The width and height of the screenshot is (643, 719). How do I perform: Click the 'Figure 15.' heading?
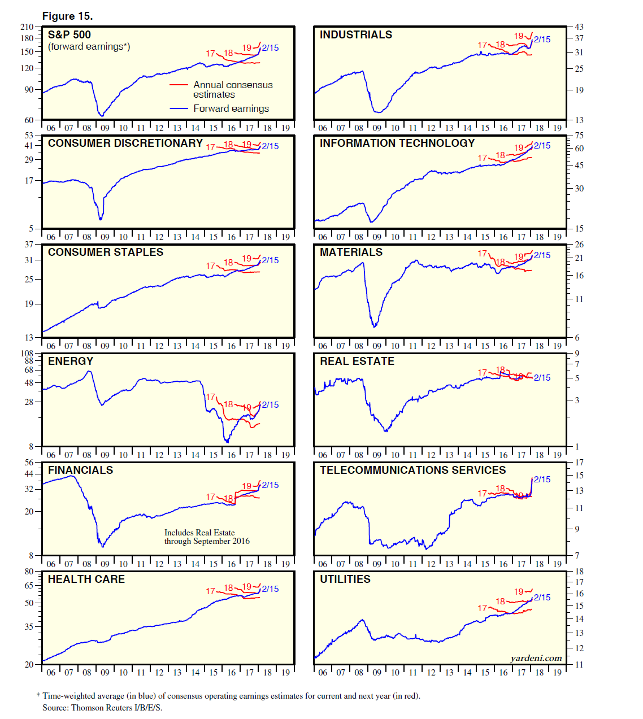[67, 16]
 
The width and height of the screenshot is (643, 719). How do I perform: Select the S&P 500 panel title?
[69, 34]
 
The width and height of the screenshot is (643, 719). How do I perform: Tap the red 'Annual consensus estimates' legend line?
[179, 85]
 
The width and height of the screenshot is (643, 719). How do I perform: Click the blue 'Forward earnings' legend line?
[179, 108]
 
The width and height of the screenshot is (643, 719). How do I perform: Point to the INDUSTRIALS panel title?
[355, 34]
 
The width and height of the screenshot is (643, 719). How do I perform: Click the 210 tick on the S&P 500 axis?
[27, 27]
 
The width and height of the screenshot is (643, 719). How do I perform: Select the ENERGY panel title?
[71, 361]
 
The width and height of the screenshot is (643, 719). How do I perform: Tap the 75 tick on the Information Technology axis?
[579, 136]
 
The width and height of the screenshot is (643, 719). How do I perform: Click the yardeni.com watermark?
[536, 658]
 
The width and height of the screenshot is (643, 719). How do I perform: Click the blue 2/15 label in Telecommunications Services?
[542, 479]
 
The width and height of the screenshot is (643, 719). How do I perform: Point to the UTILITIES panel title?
[345, 579]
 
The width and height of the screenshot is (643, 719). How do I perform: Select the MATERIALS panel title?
[351, 252]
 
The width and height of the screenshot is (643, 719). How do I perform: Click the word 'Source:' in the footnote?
[55, 708]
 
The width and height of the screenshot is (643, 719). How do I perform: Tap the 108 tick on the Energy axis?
[27, 353]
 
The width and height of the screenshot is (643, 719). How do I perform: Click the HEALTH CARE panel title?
[86, 579]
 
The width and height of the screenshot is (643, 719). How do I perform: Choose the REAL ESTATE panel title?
[357, 361]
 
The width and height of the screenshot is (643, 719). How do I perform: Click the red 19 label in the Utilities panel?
[519, 591]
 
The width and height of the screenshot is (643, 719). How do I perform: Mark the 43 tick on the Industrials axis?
[579, 27]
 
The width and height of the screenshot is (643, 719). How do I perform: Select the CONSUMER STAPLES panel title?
[105, 252]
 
